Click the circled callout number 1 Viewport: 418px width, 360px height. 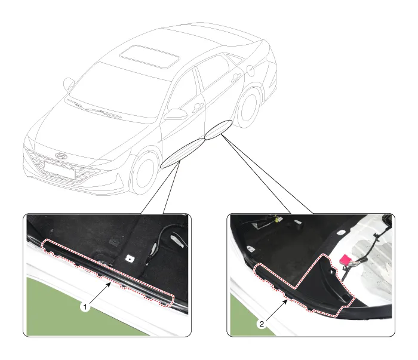[85, 307]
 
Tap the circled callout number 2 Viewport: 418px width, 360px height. [262, 324]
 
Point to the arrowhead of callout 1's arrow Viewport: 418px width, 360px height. [109, 284]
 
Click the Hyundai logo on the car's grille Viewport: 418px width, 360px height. [60, 156]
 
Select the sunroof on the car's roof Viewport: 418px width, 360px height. [150, 57]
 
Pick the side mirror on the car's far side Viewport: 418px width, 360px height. [69, 84]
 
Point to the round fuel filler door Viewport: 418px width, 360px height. [251, 69]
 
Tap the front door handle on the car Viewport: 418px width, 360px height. [198, 107]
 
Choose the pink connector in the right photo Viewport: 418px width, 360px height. [346, 260]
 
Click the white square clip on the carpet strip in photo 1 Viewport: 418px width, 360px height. [130, 258]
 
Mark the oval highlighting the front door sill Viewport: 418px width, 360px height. [183, 153]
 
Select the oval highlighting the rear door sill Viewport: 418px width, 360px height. [218, 130]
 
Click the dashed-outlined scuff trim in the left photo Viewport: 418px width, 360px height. [108, 272]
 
